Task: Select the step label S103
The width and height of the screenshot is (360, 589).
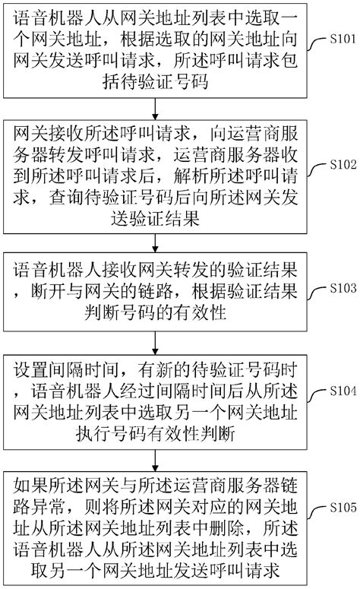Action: tap(338, 289)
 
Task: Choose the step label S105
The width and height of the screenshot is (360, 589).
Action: tap(338, 505)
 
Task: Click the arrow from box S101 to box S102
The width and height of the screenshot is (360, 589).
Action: tap(156, 107)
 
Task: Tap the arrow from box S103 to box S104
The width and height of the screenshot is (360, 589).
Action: tap(156, 340)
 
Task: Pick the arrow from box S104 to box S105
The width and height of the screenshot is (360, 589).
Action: tap(156, 460)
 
